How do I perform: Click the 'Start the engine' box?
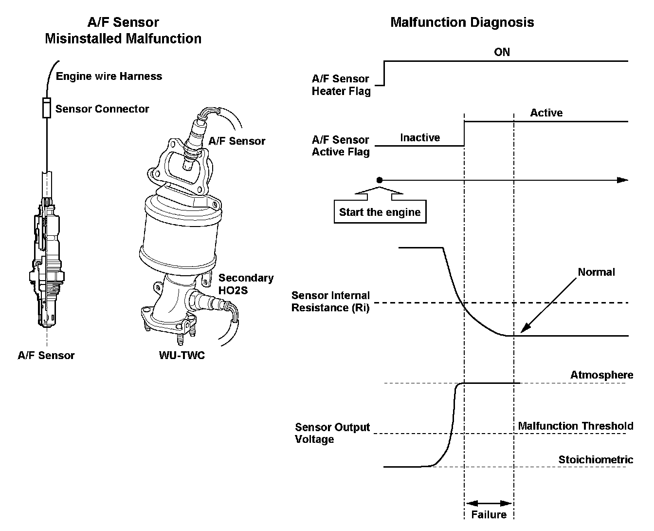pyautogui.click(x=380, y=212)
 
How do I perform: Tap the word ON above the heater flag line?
pyautogui.click(x=502, y=52)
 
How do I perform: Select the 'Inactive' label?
pyautogui.click(x=419, y=138)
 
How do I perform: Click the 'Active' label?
pyautogui.click(x=546, y=113)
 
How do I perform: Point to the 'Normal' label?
pyautogui.click(x=596, y=272)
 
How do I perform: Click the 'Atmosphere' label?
pyautogui.click(x=601, y=375)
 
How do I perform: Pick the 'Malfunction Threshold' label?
pyautogui.click(x=575, y=426)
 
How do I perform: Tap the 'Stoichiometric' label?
pyautogui.click(x=596, y=460)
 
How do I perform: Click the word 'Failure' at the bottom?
pyautogui.click(x=489, y=515)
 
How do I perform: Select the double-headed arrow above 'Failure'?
pyautogui.click(x=489, y=503)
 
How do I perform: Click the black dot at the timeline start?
pyautogui.click(x=380, y=180)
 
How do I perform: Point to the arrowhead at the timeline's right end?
pyautogui.click(x=623, y=180)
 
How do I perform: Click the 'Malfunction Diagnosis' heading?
pyautogui.click(x=462, y=22)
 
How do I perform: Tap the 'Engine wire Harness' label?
pyautogui.click(x=109, y=76)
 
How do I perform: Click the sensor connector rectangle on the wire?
pyautogui.click(x=47, y=108)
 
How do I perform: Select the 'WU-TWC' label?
pyautogui.click(x=182, y=356)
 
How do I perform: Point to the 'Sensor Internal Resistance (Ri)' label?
pyautogui.click(x=330, y=302)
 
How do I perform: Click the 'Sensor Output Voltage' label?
pyautogui.click(x=332, y=433)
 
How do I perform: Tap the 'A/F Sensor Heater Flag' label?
pyautogui.click(x=341, y=85)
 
